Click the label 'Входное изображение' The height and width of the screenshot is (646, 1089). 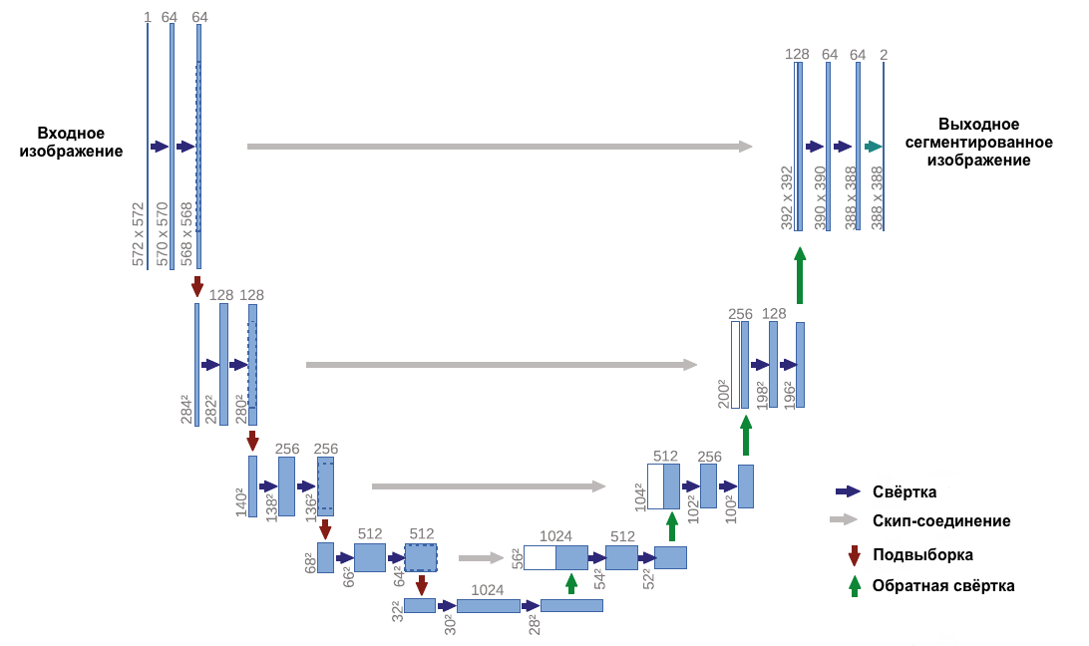point(71,143)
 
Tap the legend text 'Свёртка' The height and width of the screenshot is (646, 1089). point(905,491)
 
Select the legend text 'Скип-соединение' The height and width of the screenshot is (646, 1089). point(941,521)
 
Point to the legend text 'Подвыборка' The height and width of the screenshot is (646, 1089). point(922,554)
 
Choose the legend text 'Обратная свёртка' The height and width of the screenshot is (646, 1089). point(943,586)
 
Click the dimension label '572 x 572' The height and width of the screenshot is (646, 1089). point(139,233)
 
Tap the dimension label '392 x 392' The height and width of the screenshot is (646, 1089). point(787,198)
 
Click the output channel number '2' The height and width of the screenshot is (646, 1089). point(884,55)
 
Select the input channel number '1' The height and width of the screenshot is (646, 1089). point(147,17)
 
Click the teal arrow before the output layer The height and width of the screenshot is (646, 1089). point(874,147)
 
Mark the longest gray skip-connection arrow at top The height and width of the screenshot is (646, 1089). point(499,147)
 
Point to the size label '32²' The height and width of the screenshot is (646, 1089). point(397,610)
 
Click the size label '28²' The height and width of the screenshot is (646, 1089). point(534,623)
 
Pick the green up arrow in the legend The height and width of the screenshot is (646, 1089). point(854,586)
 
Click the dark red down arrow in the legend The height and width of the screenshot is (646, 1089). point(854,555)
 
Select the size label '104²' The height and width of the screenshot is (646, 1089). point(639,495)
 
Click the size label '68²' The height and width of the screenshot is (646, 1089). point(310,561)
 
